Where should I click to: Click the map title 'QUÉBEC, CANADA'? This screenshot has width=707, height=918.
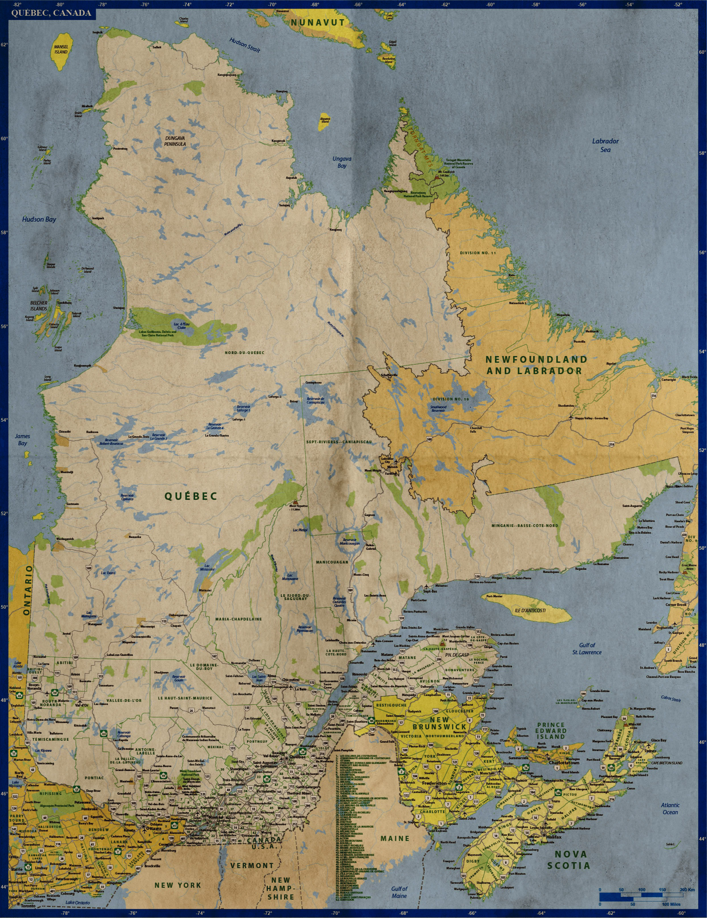click(x=51, y=13)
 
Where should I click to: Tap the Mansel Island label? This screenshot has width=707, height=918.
click(x=61, y=50)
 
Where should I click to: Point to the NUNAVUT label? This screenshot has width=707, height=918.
click(x=317, y=23)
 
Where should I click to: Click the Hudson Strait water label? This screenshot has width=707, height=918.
click(x=244, y=45)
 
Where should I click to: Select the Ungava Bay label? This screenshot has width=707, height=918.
click(x=342, y=162)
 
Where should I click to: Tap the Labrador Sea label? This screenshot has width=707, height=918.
click(x=605, y=145)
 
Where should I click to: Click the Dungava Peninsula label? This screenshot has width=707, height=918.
click(x=175, y=141)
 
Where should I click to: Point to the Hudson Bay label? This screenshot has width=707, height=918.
click(x=39, y=219)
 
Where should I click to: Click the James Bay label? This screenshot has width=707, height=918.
click(x=22, y=440)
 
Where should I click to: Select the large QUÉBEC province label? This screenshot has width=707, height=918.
click(x=191, y=496)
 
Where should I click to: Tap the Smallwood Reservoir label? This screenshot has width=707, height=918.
click(x=438, y=408)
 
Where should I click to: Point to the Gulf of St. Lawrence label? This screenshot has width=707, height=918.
click(x=587, y=648)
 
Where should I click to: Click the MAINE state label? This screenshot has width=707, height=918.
click(x=395, y=839)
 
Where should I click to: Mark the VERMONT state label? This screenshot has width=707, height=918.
click(x=252, y=866)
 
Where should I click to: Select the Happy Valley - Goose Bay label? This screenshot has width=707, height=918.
click(x=592, y=418)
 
